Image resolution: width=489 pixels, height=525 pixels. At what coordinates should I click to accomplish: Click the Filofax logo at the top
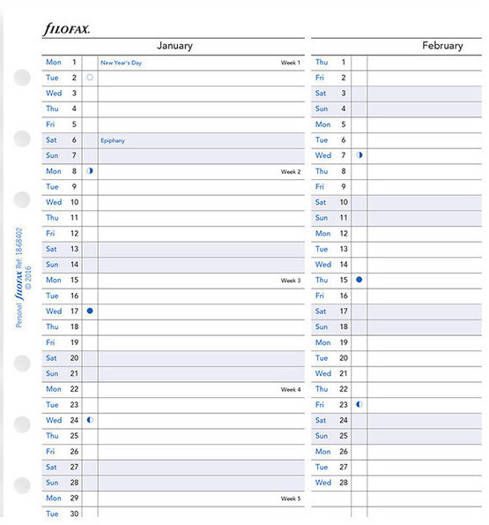66,29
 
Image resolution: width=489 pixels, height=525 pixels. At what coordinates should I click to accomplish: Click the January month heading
174,46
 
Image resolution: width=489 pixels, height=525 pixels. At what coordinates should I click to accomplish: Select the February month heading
441,46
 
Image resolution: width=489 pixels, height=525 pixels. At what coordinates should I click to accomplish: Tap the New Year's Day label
122,63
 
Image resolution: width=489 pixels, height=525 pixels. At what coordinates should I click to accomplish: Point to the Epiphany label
112,140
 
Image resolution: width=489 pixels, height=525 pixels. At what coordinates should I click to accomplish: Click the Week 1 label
291,63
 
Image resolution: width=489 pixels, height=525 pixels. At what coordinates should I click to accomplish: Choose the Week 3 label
291,281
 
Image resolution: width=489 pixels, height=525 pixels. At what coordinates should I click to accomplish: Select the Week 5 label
291,499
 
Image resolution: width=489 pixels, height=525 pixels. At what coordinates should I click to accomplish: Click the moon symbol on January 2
90,78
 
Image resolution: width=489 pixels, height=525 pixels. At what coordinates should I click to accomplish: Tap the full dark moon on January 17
90,311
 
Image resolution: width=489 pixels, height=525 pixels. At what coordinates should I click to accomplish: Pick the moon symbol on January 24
90,420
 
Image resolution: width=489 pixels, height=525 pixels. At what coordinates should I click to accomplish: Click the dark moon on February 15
359,280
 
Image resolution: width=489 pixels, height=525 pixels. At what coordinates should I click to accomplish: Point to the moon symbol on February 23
359,404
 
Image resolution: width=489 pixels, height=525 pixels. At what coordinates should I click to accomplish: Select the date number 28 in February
344,483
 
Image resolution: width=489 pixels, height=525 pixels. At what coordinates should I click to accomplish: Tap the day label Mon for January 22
54,389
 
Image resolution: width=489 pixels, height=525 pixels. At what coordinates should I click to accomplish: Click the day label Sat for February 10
321,202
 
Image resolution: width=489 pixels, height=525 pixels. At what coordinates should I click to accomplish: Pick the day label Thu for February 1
322,62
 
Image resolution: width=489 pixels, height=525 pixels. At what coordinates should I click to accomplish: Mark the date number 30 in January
75,514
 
